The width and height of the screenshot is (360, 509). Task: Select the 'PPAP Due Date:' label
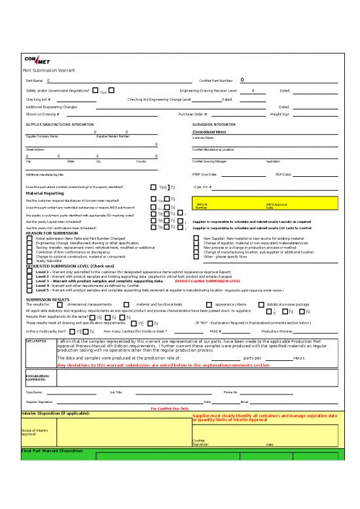point(205,175)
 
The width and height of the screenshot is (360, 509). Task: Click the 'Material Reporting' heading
point(45,193)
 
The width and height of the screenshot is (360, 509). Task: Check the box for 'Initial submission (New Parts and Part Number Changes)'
point(29,238)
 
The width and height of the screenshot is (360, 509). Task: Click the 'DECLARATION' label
point(35,341)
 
